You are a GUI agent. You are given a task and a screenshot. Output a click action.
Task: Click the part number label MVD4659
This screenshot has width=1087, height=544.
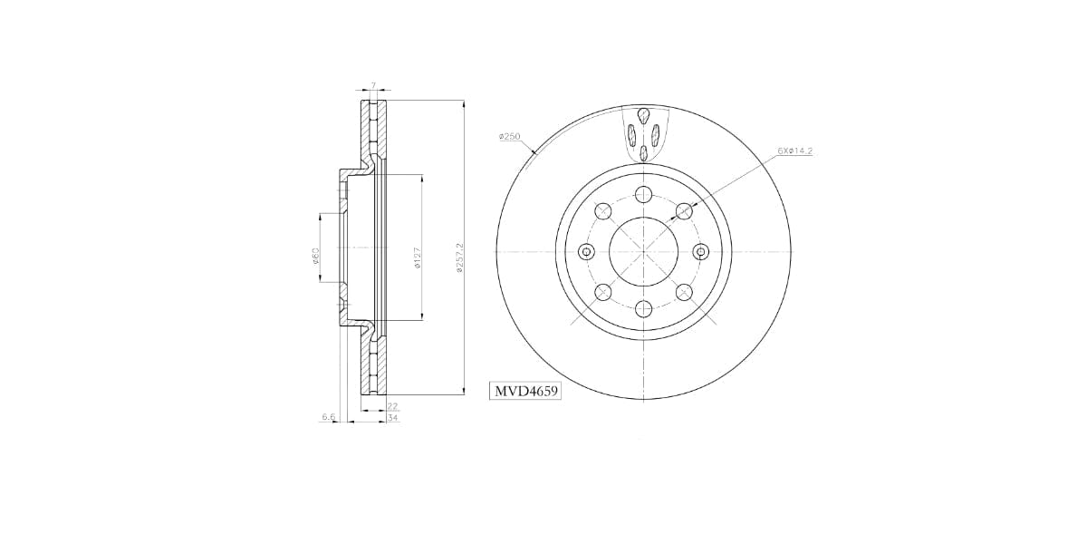525,392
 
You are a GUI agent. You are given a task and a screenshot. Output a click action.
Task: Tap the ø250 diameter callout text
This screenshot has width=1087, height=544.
509,137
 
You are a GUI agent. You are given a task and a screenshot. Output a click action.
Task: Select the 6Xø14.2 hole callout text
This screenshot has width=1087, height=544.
794,151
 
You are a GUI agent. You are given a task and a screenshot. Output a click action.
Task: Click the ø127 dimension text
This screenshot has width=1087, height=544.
417,258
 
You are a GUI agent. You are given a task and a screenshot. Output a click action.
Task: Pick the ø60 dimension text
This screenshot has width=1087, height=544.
315,257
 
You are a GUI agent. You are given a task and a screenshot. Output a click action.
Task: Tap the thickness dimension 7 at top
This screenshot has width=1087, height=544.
372,85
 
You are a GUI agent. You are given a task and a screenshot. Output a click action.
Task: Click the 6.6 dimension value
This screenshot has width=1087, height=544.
328,417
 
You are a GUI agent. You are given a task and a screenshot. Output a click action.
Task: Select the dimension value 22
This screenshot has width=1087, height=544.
392,407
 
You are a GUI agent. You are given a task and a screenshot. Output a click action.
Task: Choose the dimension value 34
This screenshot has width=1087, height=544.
392,418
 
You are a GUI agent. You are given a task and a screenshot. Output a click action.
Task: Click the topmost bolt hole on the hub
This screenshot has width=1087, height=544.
643,193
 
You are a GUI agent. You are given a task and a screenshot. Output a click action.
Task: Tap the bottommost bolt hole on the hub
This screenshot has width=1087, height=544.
643,309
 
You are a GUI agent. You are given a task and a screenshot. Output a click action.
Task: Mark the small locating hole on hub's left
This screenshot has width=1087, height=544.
586,251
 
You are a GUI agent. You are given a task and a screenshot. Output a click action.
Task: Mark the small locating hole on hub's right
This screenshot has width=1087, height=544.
699,251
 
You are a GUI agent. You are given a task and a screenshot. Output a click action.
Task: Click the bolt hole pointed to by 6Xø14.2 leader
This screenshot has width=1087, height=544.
684,211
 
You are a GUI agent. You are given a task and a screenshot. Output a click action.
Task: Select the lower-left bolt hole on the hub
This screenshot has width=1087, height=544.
601,292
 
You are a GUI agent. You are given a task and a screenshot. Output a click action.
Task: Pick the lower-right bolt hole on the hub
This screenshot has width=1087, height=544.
684,292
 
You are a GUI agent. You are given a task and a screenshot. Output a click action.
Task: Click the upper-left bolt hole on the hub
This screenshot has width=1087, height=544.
601,211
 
